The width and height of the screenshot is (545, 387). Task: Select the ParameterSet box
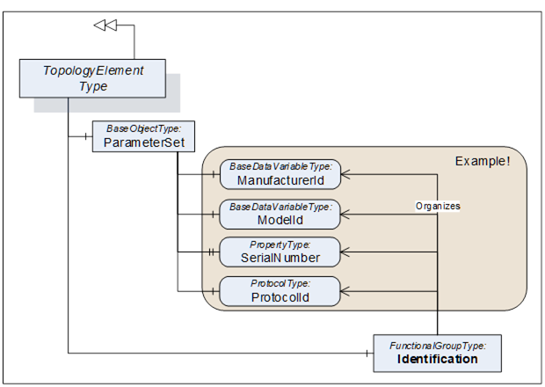143,135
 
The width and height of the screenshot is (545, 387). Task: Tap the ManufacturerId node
280,174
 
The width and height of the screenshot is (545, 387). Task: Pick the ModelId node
280,213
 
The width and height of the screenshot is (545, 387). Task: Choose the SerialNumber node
280,252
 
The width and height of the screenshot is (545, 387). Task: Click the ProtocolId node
280,291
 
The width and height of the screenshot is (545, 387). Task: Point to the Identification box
437,353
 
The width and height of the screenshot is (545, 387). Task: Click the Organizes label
438,206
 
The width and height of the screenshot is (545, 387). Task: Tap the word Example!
482,162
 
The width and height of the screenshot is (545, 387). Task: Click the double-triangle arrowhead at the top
105,26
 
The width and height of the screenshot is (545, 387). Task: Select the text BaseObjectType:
143,128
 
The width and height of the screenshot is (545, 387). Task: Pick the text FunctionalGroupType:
437,346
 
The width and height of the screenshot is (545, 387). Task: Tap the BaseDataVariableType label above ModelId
280,206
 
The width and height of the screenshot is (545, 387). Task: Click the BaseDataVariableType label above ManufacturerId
280,166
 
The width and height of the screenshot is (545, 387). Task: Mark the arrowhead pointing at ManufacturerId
345,174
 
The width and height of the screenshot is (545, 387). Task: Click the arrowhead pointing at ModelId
345,213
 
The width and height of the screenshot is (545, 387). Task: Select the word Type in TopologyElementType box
92,86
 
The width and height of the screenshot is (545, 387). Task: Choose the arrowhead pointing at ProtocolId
345,291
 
